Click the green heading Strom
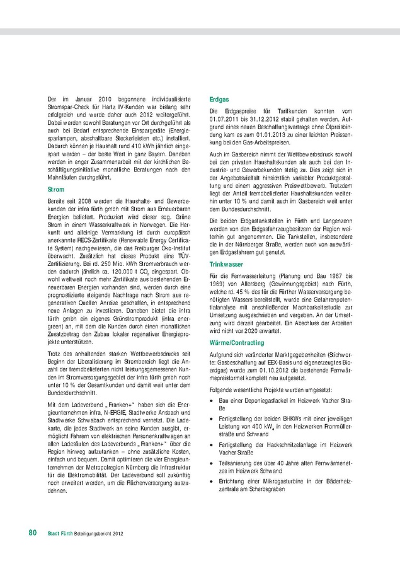tap(55, 189)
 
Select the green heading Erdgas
tap(219, 100)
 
